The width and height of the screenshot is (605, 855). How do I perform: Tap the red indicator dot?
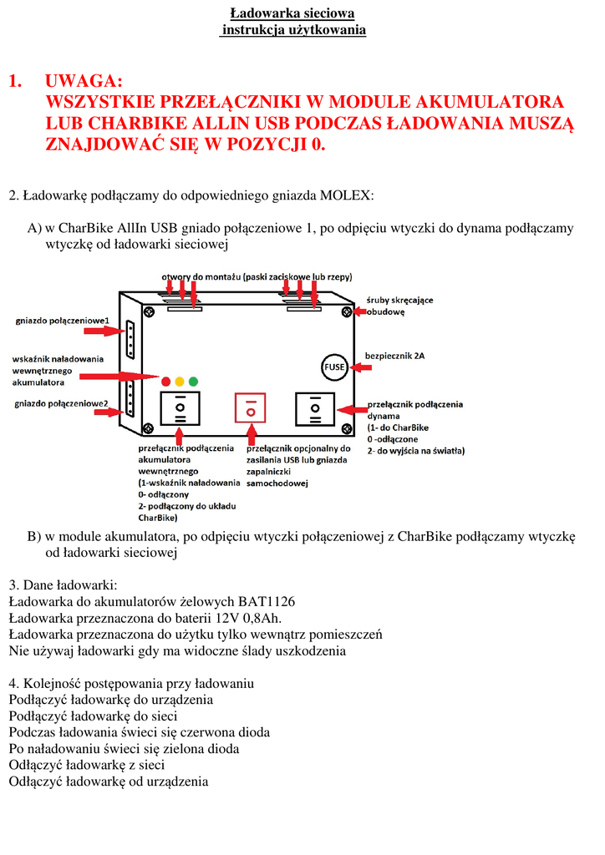point(165,381)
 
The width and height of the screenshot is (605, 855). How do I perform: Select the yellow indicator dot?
point(180,381)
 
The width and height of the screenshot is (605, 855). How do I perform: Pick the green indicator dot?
point(193,381)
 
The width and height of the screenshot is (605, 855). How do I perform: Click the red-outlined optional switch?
point(250,408)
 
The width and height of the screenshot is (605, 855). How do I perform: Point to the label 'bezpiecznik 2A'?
point(394,356)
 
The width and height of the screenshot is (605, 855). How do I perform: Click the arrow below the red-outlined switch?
point(250,435)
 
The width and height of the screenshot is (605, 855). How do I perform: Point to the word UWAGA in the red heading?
point(84,80)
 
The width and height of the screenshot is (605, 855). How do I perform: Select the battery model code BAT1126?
point(267,601)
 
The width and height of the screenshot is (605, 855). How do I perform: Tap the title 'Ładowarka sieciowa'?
point(292,13)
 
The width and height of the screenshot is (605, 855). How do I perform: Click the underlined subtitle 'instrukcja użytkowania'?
point(293,30)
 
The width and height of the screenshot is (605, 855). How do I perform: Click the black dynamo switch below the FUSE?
point(316,408)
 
